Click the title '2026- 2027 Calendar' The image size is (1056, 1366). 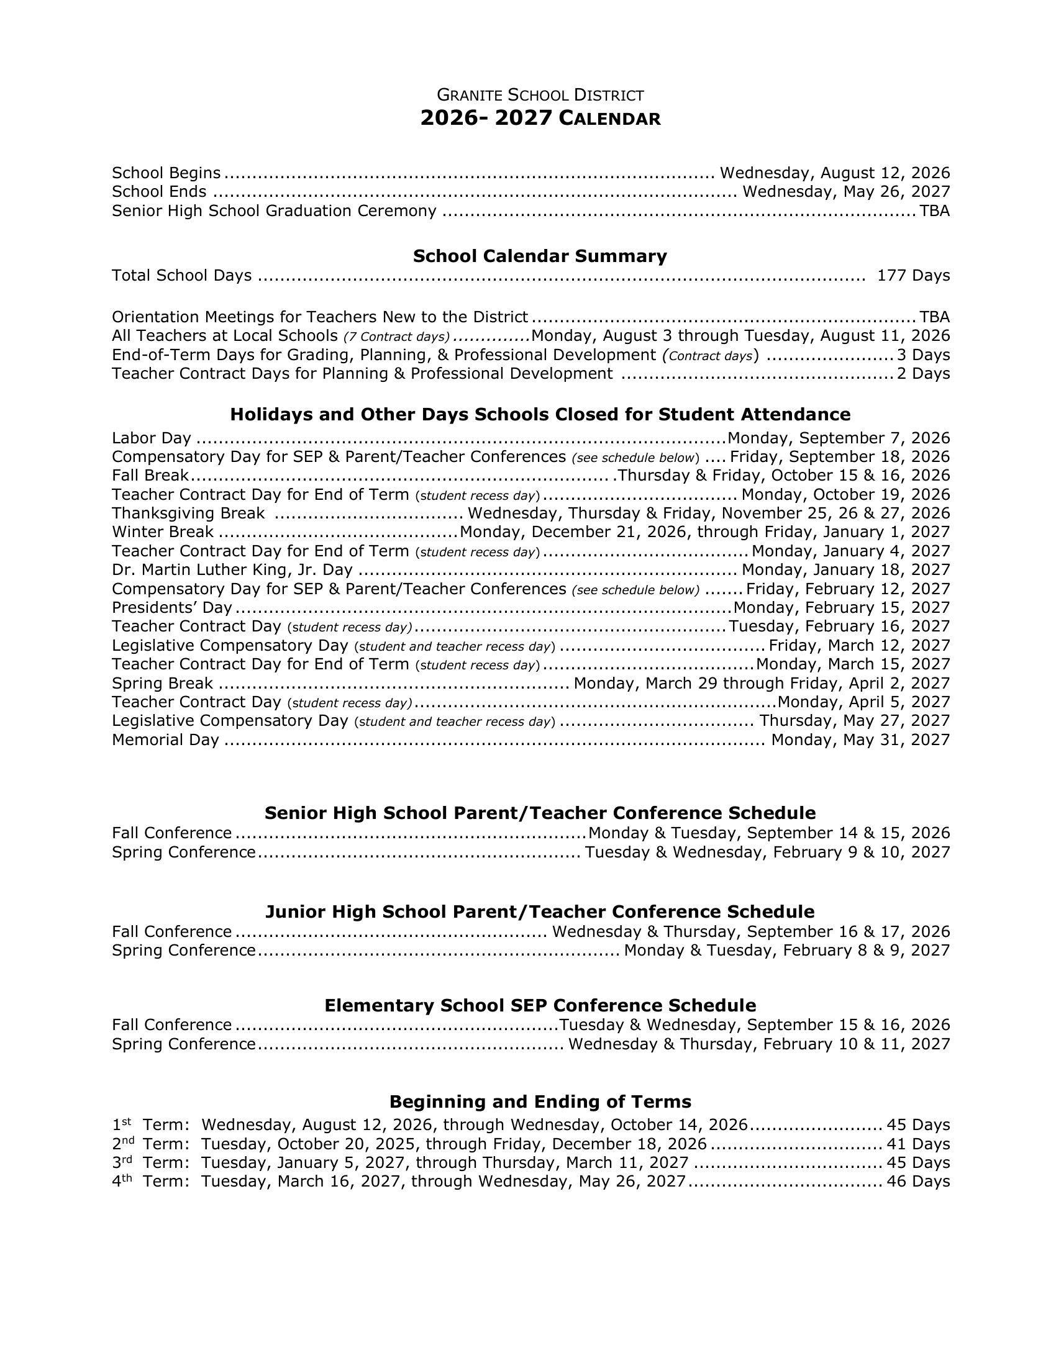[540, 118]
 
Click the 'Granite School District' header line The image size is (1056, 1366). [540, 95]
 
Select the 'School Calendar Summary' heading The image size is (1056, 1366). [540, 256]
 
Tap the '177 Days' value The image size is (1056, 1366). [913, 276]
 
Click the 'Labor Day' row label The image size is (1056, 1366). [152, 438]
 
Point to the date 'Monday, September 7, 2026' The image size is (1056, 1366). [839, 438]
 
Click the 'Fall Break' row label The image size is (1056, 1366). [150, 476]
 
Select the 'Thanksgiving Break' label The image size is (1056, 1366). [188, 513]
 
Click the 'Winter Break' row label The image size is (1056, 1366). [163, 532]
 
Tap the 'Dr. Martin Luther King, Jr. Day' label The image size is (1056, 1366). [232, 571]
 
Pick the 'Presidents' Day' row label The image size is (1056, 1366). [172, 608]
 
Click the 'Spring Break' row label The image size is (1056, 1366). [163, 684]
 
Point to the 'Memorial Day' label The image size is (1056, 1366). [165, 741]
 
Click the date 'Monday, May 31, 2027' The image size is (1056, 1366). [860, 741]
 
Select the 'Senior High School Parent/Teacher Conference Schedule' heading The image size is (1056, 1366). [540, 813]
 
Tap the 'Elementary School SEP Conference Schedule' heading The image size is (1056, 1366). [540, 1006]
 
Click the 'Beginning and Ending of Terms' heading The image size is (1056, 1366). [540, 1101]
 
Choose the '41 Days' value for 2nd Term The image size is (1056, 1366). [917, 1144]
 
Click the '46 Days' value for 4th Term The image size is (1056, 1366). [917, 1182]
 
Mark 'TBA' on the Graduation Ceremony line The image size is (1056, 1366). [934, 211]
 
